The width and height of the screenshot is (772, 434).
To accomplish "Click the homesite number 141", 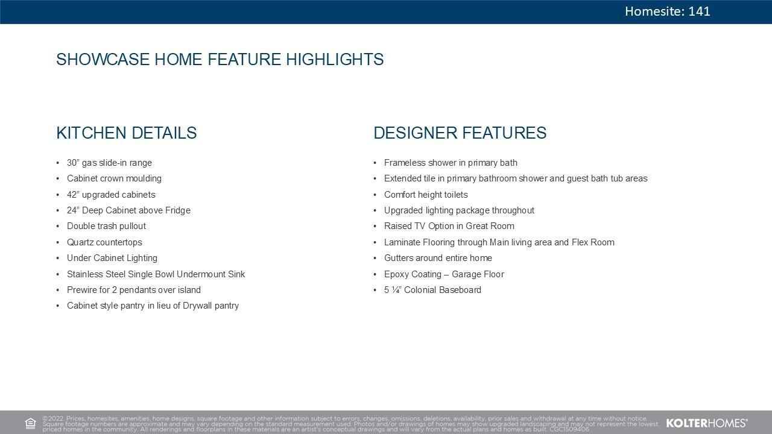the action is coord(699,11).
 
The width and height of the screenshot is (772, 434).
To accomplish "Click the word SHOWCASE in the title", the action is coord(103,59).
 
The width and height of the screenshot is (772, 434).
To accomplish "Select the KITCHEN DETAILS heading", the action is coord(127,133).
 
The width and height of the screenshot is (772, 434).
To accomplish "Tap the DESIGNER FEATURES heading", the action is coord(460,133).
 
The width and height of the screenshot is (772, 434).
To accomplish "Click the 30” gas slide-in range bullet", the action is coord(109,163).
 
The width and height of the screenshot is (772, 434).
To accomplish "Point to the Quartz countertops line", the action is coord(104,242).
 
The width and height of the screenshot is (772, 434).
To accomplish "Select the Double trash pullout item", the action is coord(106,226).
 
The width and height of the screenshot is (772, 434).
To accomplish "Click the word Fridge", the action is coord(178,210).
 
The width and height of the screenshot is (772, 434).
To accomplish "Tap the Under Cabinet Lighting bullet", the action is coord(112,258).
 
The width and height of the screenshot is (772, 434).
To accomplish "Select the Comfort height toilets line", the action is coord(426,195).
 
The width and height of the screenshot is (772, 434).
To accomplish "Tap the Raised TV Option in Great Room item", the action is coord(449,226).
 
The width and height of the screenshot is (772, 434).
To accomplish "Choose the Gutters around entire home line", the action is coord(438,258).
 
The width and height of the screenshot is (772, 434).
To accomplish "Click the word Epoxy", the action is coord(396,274).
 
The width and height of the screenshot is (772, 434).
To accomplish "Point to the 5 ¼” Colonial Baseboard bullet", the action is coord(432,290).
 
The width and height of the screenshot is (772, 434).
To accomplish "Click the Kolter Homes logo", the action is coord(707,423).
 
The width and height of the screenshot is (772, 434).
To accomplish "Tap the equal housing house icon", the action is coord(30,423).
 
